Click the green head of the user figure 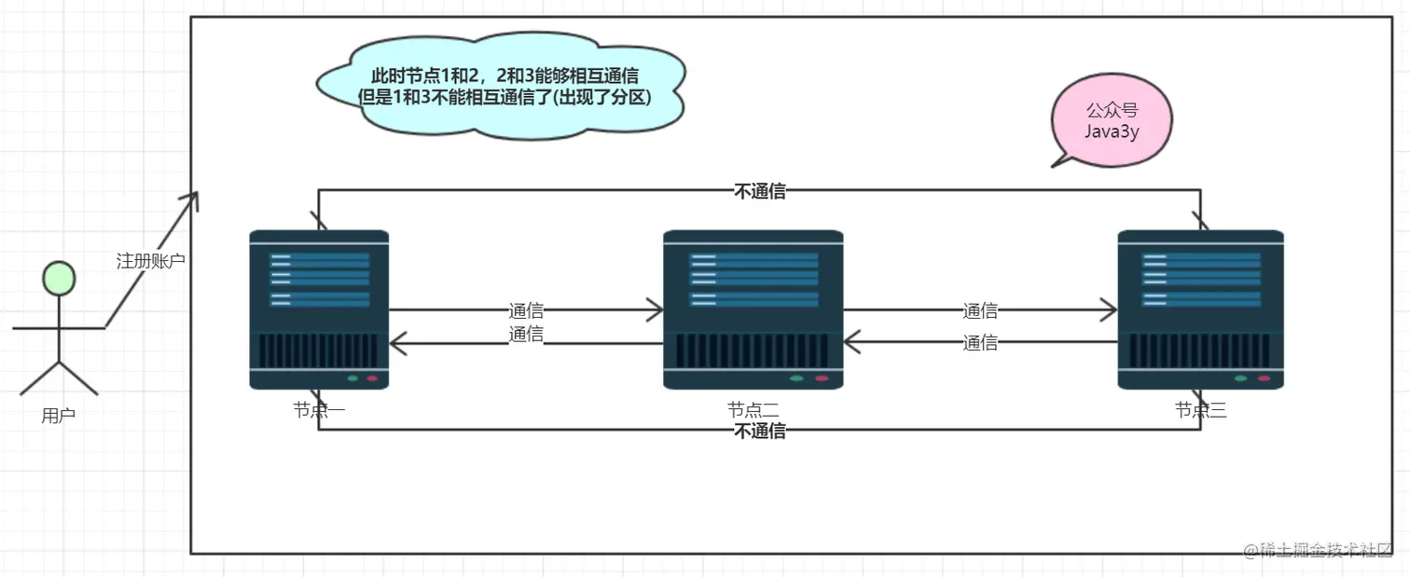pyautogui.click(x=60, y=279)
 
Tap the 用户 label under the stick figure pyautogui.click(x=58, y=416)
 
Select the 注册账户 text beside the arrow pyautogui.click(x=150, y=261)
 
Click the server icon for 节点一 pyautogui.click(x=319, y=309)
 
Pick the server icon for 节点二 pyautogui.click(x=753, y=309)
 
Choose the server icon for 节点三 pyautogui.click(x=1200, y=309)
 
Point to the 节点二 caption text pyautogui.click(x=753, y=409)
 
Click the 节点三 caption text pyautogui.click(x=1200, y=409)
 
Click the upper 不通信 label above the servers pyautogui.click(x=760, y=192)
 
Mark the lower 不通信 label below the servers pyautogui.click(x=760, y=431)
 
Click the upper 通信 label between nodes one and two pyautogui.click(x=526, y=311)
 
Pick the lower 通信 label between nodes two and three pyautogui.click(x=980, y=343)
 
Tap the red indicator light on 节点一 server pyautogui.click(x=372, y=378)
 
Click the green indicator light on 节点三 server pyautogui.click(x=1240, y=378)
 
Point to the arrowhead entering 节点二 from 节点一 pyautogui.click(x=656, y=311)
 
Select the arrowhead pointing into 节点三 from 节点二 pyautogui.click(x=1110, y=309)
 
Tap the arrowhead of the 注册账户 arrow pyautogui.click(x=194, y=197)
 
